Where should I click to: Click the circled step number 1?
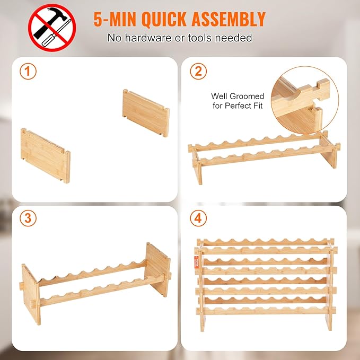click(28, 72)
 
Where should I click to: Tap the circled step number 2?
click(198, 72)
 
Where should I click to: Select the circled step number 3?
click(28, 218)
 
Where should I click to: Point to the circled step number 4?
click(198, 218)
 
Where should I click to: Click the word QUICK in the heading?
click(164, 19)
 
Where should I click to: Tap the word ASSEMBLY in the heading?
click(229, 19)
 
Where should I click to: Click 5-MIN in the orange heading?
click(115, 19)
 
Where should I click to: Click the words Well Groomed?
click(238, 96)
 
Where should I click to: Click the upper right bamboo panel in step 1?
click(146, 113)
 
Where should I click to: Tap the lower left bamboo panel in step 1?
click(46, 155)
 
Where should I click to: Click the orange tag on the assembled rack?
click(197, 262)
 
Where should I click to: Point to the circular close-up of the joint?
click(305, 100)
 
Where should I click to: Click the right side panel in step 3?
click(157, 269)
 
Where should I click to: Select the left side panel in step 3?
click(31, 294)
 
